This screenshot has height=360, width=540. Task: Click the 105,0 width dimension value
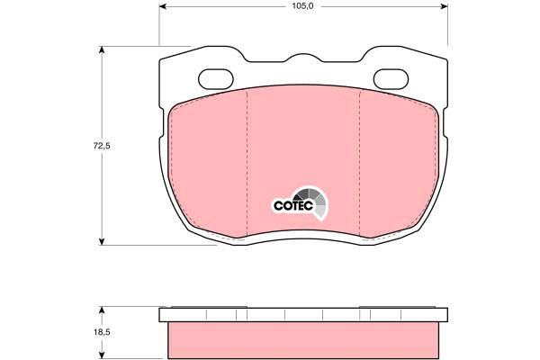(x=302, y=6)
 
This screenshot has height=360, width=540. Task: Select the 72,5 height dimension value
(x=102, y=146)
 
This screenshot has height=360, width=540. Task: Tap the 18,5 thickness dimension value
(x=102, y=333)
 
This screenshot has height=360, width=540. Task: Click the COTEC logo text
(x=293, y=206)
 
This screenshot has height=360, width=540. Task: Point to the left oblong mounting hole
(x=216, y=79)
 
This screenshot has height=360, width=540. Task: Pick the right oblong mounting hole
(x=391, y=79)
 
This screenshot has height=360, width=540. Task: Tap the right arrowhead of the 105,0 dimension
(x=444, y=6)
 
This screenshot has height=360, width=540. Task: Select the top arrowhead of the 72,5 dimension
(x=101, y=50)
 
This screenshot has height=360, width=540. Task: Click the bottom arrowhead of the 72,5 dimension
(x=101, y=241)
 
